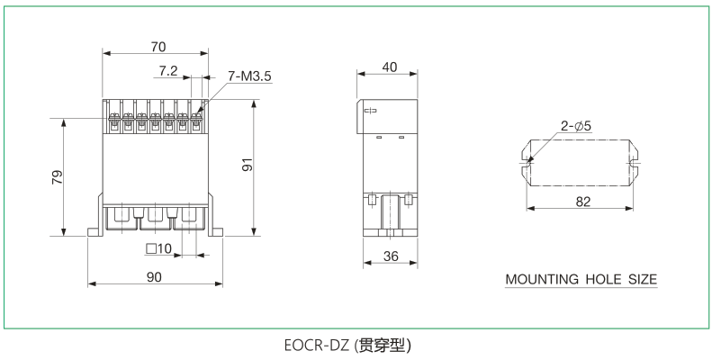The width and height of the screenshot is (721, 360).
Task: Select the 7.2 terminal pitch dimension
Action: tap(168, 69)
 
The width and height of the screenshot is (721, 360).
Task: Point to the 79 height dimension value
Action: tap(55, 177)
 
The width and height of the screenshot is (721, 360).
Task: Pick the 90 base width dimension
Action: tap(154, 276)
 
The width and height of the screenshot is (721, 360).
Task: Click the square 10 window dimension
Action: tap(158, 248)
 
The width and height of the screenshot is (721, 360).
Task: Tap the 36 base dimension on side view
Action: tap(391, 256)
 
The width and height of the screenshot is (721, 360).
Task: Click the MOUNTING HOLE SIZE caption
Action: tap(581, 279)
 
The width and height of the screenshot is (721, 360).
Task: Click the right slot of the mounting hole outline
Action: tap(635, 163)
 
